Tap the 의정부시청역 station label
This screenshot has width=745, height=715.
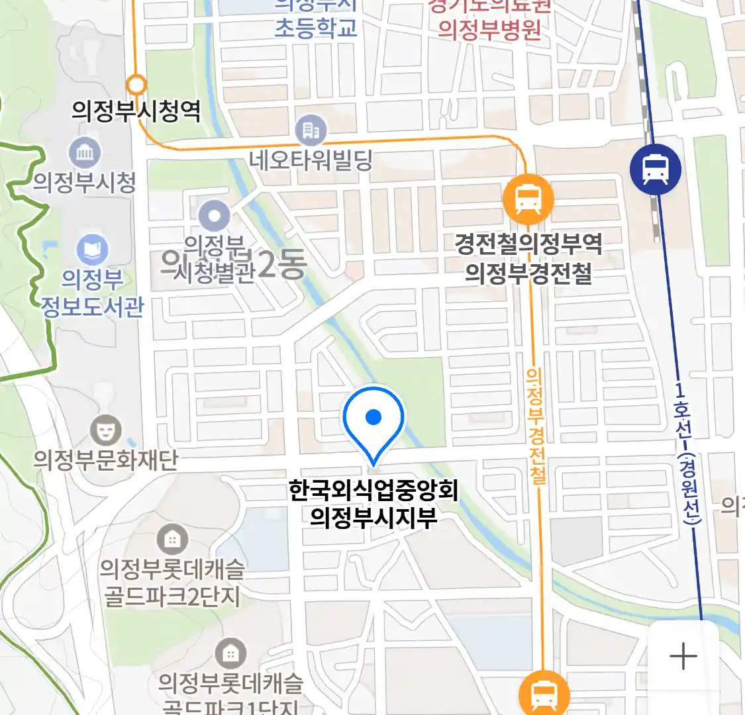click(136, 111)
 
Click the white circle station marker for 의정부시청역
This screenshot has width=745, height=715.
click(136, 85)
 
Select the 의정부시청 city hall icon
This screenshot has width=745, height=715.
click(85, 153)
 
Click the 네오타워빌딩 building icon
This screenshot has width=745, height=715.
click(311, 130)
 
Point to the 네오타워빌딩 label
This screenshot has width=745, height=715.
click(311, 160)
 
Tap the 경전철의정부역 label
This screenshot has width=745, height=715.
click(528, 244)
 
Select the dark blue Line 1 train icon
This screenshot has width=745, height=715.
click(655, 169)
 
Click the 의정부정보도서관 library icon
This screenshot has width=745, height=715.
click(92, 250)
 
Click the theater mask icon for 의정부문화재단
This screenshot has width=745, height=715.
click(105, 430)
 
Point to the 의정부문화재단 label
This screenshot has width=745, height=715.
click(106, 459)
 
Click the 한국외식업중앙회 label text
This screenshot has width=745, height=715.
click(373, 491)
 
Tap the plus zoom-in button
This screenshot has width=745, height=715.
click(683, 657)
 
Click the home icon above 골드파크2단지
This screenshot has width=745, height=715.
click(172, 540)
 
